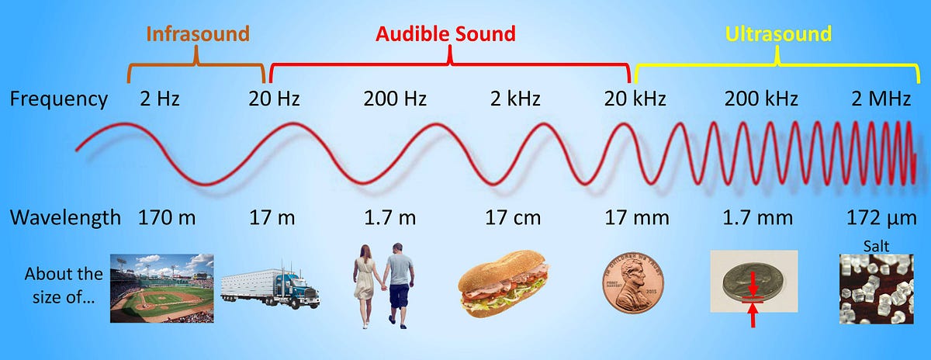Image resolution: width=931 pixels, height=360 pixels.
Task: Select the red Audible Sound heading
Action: pyautogui.click(x=445, y=34)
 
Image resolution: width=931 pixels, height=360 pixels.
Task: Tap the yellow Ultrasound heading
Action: pyautogui.click(x=777, y=34)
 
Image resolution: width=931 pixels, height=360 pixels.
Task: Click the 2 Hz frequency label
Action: pyautogui.click(x=161, y=99)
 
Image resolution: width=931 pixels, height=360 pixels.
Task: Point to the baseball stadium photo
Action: pyautogui.click(x=161, y=288)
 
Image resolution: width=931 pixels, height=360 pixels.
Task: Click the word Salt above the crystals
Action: pyautogui.click(x=874, y=246)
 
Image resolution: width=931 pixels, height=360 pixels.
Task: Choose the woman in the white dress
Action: pyautogui.click(x=365, y=283)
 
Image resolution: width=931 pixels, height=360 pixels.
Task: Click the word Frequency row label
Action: pyautogui.click(x=58, y=99)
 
